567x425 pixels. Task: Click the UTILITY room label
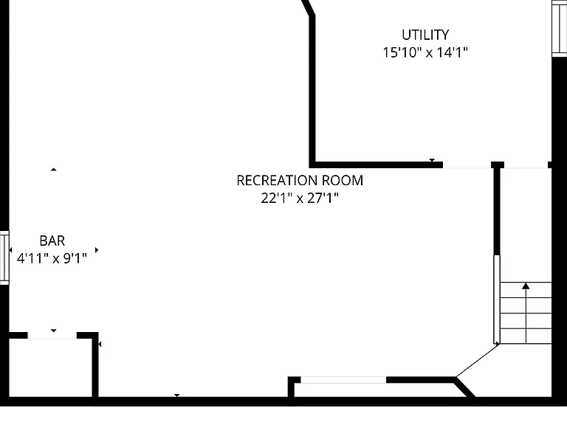point(425,35)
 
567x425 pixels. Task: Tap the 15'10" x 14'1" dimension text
point(425,52)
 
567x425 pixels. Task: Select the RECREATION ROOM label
point(300,180)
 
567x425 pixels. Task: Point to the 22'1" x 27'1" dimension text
point(300,198)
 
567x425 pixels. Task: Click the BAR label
point(52,241)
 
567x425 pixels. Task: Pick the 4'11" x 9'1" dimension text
point(52,258)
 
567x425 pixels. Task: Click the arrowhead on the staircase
point(526,286)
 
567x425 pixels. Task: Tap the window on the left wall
point(4,258)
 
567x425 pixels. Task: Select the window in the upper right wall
point(559,29)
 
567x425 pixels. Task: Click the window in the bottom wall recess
point(343,380)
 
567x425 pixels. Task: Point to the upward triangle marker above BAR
point(53,169)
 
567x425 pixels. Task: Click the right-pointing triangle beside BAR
point(97,249)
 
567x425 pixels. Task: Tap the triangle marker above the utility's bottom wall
point(432,160)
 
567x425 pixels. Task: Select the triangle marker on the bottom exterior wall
point(177,395)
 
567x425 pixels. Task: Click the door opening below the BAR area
point(52,336)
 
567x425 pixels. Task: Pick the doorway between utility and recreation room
point(467,165)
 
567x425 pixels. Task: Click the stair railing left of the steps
point(497,300)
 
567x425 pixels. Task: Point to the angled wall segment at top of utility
point(309,7)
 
